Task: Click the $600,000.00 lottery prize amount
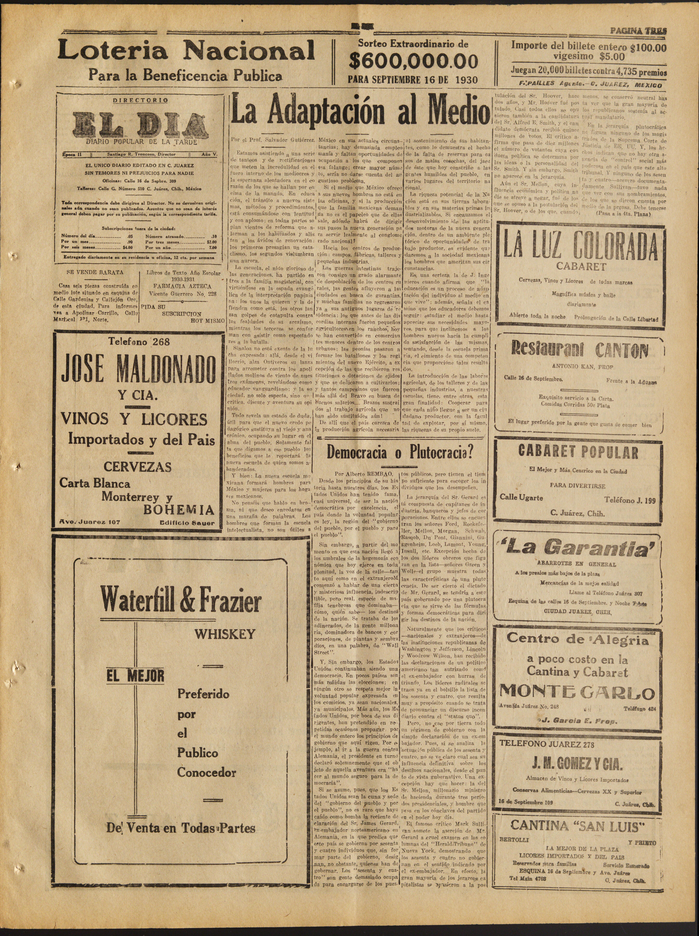(x=413, y=61)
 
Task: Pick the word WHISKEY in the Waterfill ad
(x=225, y=634)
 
